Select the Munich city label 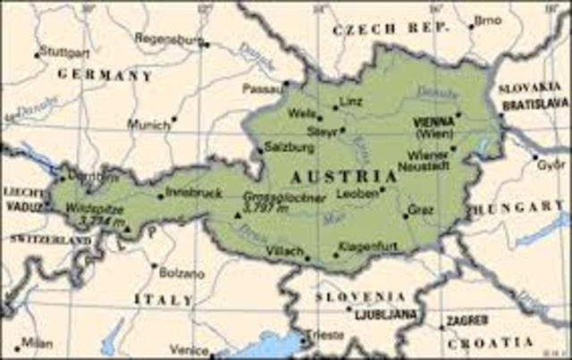point(147,125)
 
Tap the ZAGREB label point(466,321)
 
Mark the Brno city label point(487,20)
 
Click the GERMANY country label point(105,76)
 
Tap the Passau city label point(262,89)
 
